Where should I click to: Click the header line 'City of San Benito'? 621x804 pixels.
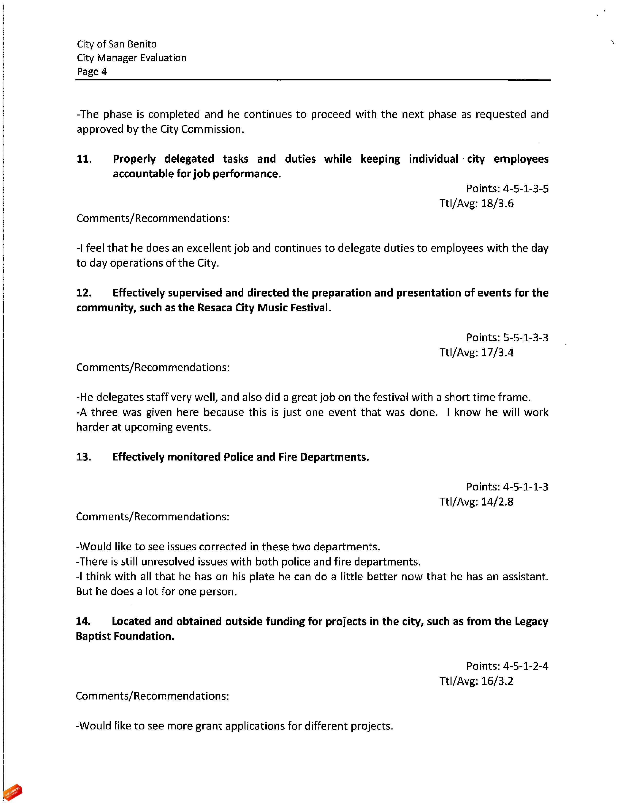[117, 44]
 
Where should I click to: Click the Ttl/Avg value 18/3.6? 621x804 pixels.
[497, 204]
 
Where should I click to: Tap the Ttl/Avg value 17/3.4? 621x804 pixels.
[497, 353]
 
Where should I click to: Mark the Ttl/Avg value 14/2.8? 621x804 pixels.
[497, 502]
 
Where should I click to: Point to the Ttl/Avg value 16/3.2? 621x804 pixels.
[497, 681]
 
